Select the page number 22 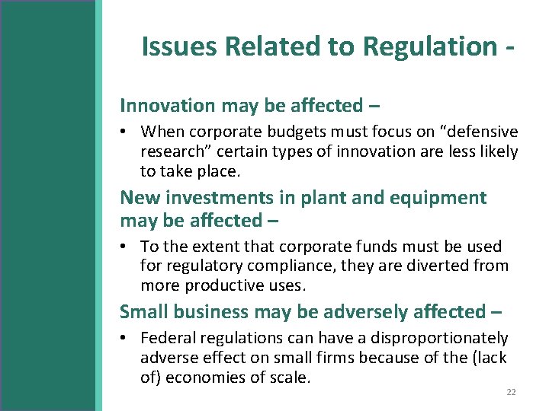coord(511,392)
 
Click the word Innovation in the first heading coord(165,105)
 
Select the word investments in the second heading coord(218,198)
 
